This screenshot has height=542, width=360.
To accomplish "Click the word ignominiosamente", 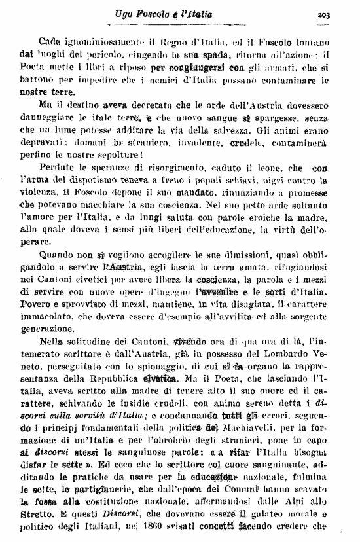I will point(96,41).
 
